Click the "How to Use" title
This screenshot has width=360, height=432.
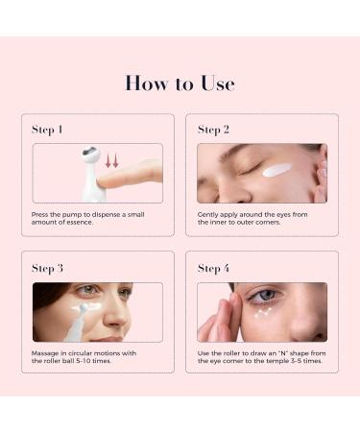point(180,84)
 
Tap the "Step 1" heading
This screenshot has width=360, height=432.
point(48,129)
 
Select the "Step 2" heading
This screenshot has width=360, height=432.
point(213,129)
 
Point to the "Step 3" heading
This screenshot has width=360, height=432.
point(48,268)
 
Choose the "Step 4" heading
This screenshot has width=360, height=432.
point(213,268)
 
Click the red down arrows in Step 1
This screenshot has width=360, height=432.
point(110,159)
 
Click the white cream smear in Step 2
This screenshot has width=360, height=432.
point(276,170)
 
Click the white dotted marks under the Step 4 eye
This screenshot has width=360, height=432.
point(262,312)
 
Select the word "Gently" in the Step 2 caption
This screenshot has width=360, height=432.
point(208,214)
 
